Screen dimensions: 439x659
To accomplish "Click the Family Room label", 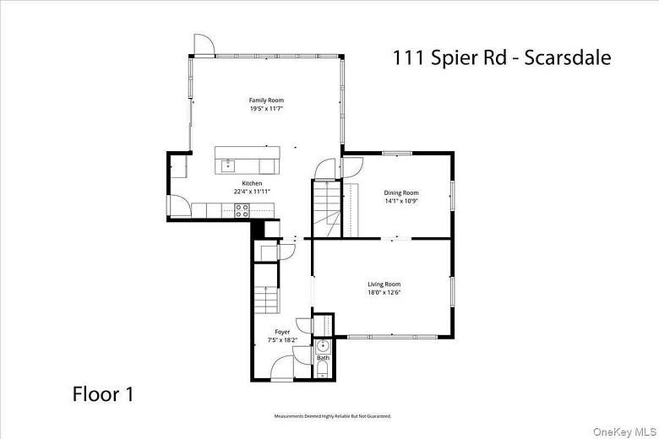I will (265, 100).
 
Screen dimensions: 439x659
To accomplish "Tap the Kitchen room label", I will (252, 183).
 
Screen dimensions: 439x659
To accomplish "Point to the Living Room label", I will (384, 285).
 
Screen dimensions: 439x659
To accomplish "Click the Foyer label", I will (282, 332).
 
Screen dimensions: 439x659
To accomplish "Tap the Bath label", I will (323, 358).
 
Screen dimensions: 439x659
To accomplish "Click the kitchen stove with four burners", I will (242, 210).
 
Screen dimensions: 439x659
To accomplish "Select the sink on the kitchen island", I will (226, 165).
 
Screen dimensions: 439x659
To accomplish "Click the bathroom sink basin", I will (323, 345).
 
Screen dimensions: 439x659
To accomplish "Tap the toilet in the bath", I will (323, 370).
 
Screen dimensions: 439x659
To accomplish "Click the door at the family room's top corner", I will (204, 45).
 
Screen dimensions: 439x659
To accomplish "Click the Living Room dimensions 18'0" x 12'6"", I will (384, 293).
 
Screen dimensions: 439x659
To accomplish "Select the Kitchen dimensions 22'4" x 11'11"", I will (252, 192).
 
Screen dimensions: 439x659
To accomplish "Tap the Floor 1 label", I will (103, 393).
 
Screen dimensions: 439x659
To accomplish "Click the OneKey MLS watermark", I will (624, 431).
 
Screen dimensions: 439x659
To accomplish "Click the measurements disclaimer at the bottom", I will (333, 416).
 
